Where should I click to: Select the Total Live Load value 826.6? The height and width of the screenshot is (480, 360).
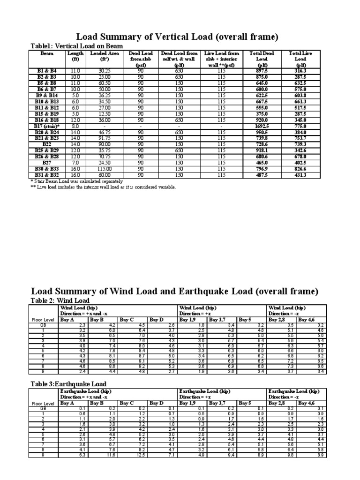point(301,169)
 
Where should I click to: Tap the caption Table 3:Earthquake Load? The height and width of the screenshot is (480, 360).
point(68,384)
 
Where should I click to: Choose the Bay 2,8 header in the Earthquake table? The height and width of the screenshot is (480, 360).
point(278,403)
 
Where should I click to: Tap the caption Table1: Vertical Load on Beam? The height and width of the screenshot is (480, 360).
point(77,46)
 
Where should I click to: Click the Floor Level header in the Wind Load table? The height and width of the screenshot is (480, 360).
point(44,319)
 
